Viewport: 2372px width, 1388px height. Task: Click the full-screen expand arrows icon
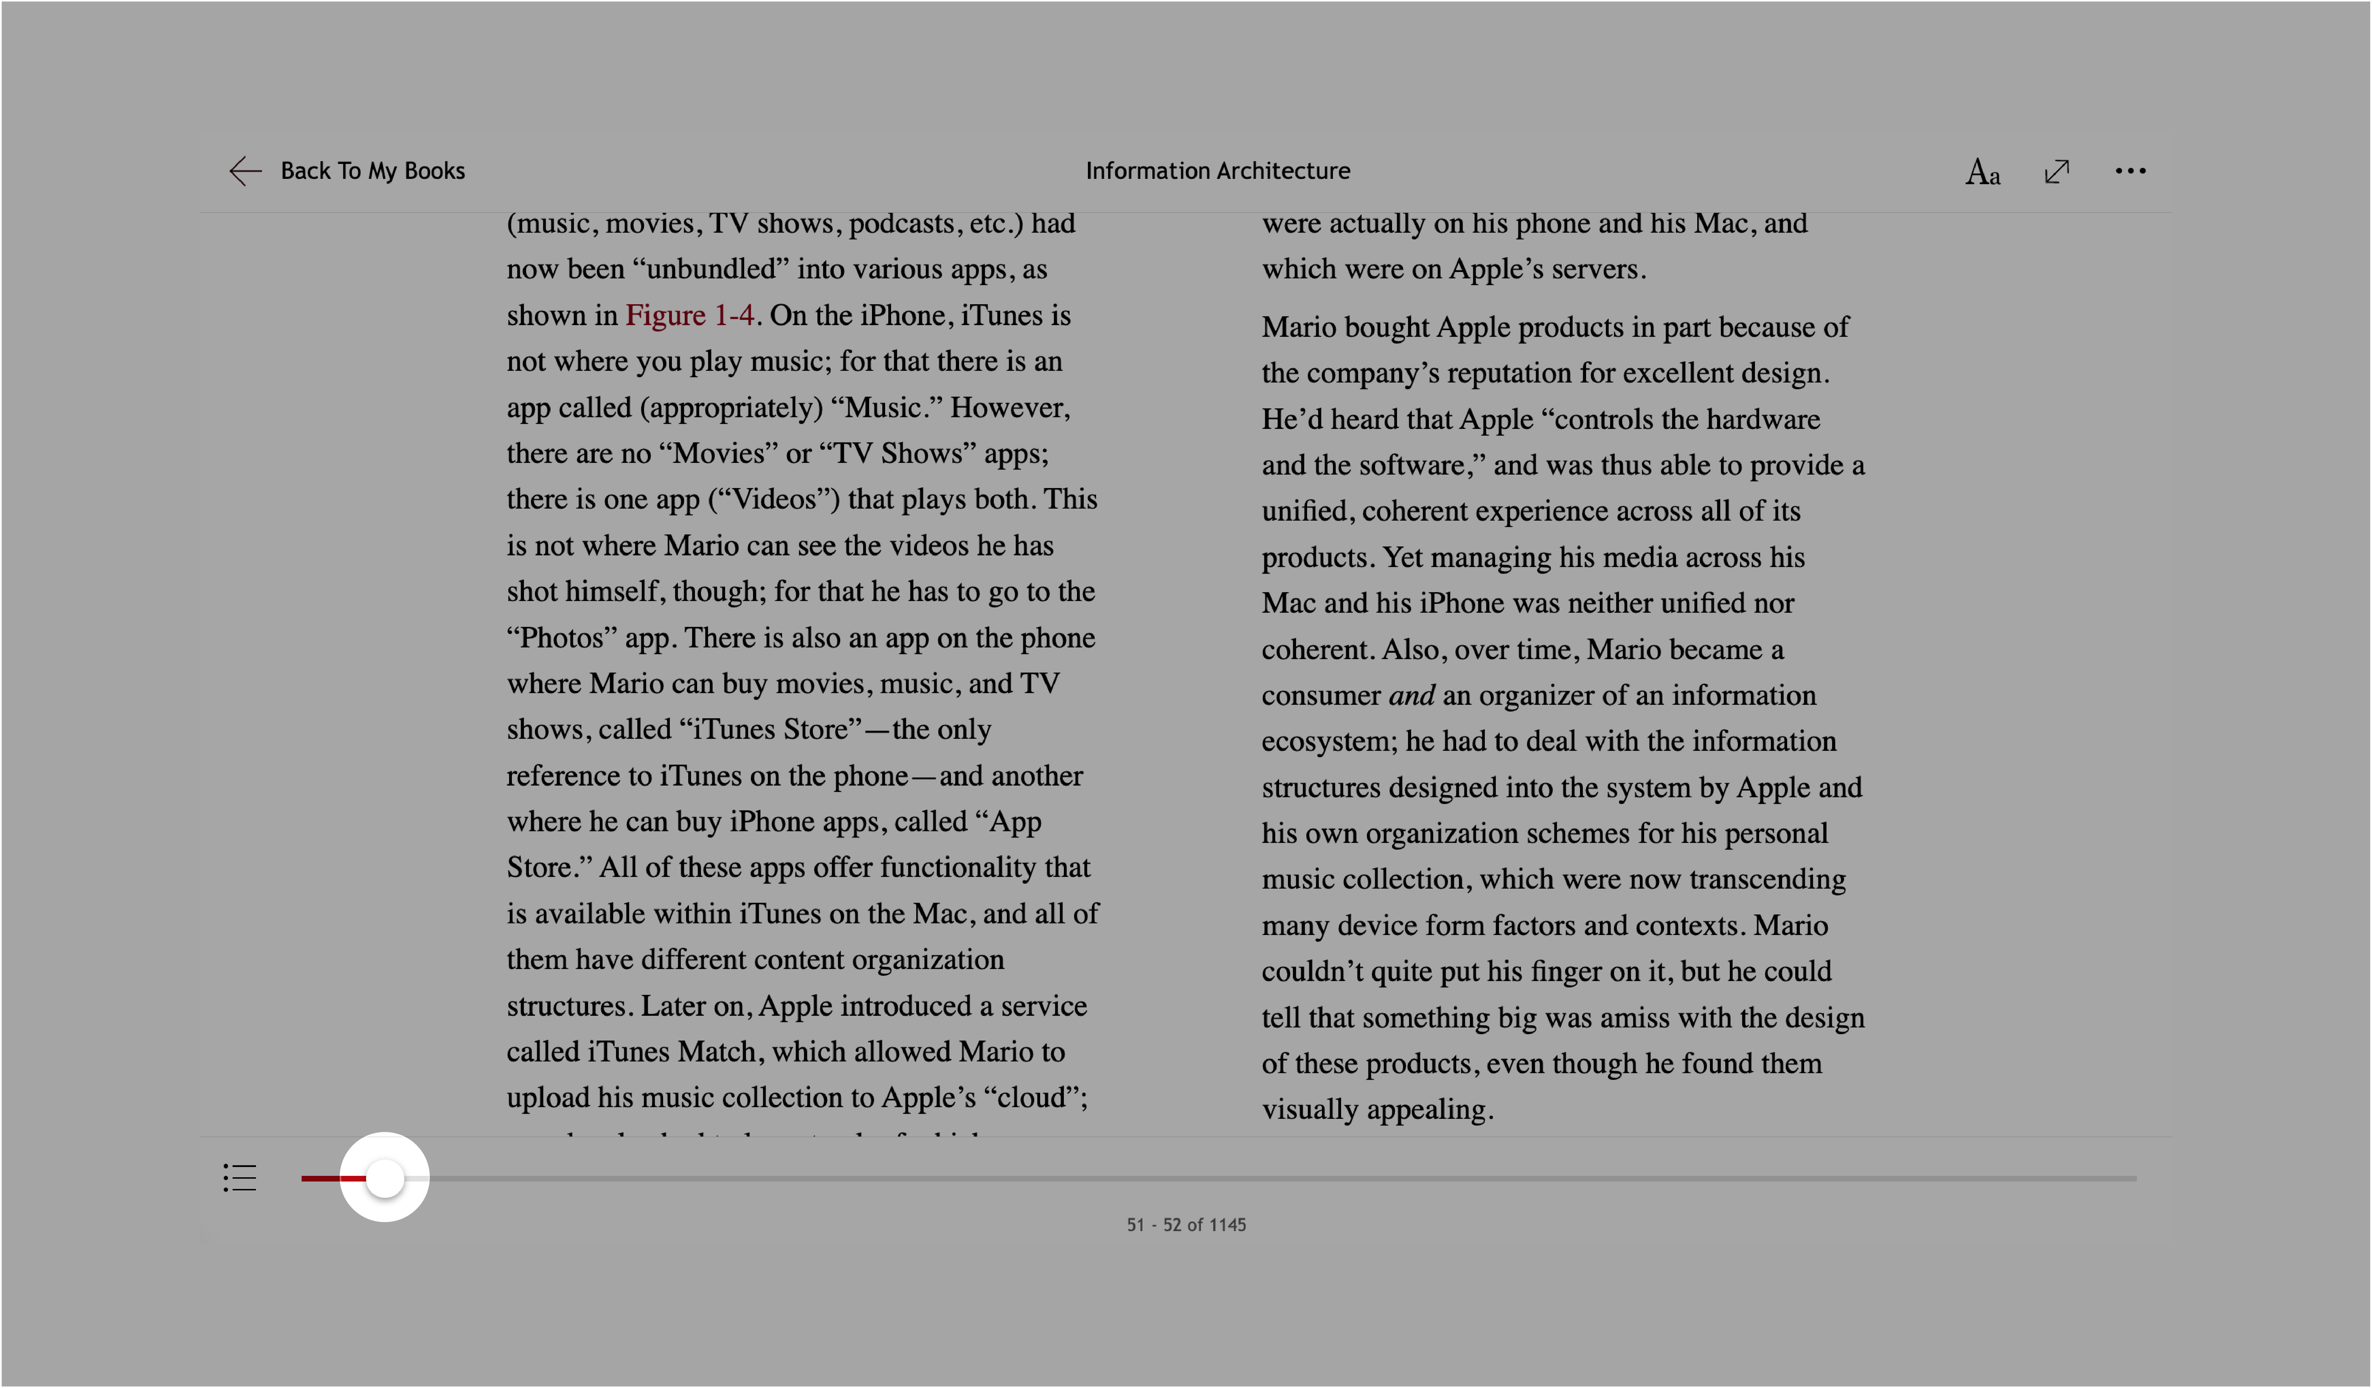point(2057,171)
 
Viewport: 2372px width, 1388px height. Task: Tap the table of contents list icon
point(240,1177)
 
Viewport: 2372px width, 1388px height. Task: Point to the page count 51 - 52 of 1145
point(1186,1224)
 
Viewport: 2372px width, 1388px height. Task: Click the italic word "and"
point(1411,696)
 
